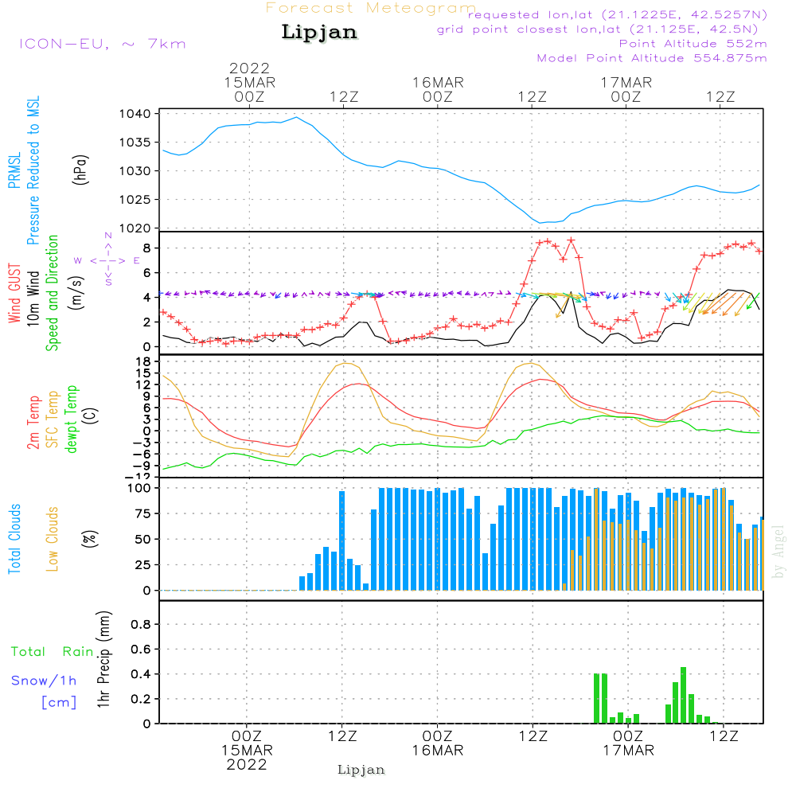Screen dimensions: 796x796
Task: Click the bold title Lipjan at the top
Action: (319, 33)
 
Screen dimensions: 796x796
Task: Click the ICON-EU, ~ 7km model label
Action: (103, 44)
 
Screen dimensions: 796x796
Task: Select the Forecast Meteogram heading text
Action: (371, 8)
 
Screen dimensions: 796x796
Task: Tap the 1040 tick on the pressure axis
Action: (135, 114)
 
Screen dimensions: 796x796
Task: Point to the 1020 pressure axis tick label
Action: (135, 228)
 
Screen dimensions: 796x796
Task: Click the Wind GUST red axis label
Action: (14, 294)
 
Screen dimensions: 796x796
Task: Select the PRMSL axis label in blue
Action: (14, 170)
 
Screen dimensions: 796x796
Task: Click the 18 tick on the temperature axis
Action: (144, 361)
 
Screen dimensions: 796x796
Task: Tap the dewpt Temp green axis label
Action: (71, 419)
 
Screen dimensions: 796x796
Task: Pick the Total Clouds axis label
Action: (14, 539)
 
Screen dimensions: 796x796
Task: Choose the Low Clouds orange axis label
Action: (53, 539)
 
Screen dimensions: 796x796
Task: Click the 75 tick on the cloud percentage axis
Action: (143, 513)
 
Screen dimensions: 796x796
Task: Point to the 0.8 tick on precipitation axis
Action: (141, 624)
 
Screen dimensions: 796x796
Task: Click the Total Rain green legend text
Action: (53, 652)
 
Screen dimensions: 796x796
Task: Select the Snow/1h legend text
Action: (44, 681)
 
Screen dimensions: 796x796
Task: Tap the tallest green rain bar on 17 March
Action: (683, 695)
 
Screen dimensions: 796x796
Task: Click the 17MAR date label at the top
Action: (626, 83)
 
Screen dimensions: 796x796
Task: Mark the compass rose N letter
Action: (108, 236)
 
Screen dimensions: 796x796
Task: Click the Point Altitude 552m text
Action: (693, 44)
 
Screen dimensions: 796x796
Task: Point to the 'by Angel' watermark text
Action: (778, 552)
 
